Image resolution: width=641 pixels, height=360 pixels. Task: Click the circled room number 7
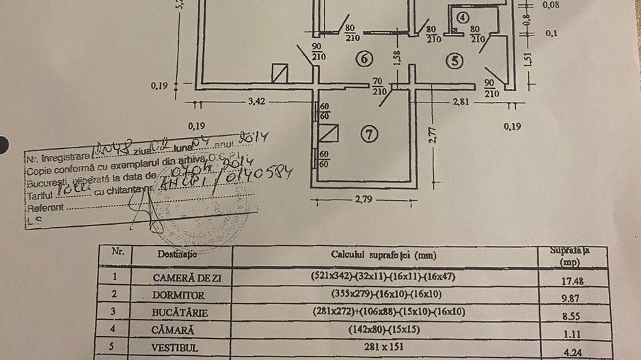coord(370,135)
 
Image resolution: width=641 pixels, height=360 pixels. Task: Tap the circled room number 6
coord(364,59)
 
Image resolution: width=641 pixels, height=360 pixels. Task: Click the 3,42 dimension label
coord(257,102)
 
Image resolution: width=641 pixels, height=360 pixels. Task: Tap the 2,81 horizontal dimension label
coord(462,102)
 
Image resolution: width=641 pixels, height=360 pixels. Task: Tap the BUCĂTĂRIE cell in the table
coord(180,312)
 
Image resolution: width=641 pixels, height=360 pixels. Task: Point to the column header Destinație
coord(177,254)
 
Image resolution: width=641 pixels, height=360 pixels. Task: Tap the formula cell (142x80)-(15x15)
coord(385,329)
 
